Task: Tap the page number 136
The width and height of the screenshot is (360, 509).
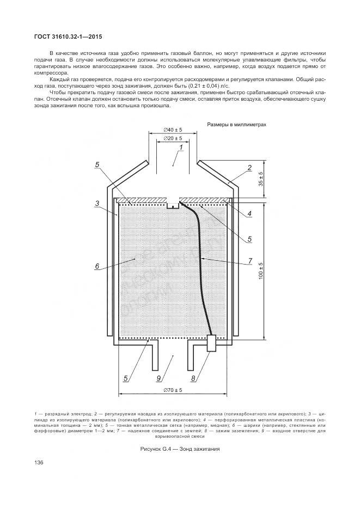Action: coord(39,463)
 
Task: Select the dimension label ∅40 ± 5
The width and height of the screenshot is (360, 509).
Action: coord(173,130)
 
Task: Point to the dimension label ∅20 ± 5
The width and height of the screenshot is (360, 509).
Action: coord(173,139)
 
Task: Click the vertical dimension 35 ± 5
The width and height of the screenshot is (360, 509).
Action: coord(260,179)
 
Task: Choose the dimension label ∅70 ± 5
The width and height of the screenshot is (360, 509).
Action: coord(173,390)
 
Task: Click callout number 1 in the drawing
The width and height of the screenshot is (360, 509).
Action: coord(181,148)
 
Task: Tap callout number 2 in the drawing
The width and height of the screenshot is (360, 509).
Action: coord(249,168)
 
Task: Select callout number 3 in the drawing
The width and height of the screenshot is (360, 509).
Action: coord(96,203)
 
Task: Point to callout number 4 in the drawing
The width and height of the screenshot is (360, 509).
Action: coord(249,214)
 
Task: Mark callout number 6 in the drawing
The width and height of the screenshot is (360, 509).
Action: coord(96,267)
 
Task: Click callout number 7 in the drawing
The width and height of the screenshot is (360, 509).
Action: coord(249,261)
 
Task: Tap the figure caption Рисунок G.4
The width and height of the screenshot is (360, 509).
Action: coord(180,449)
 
